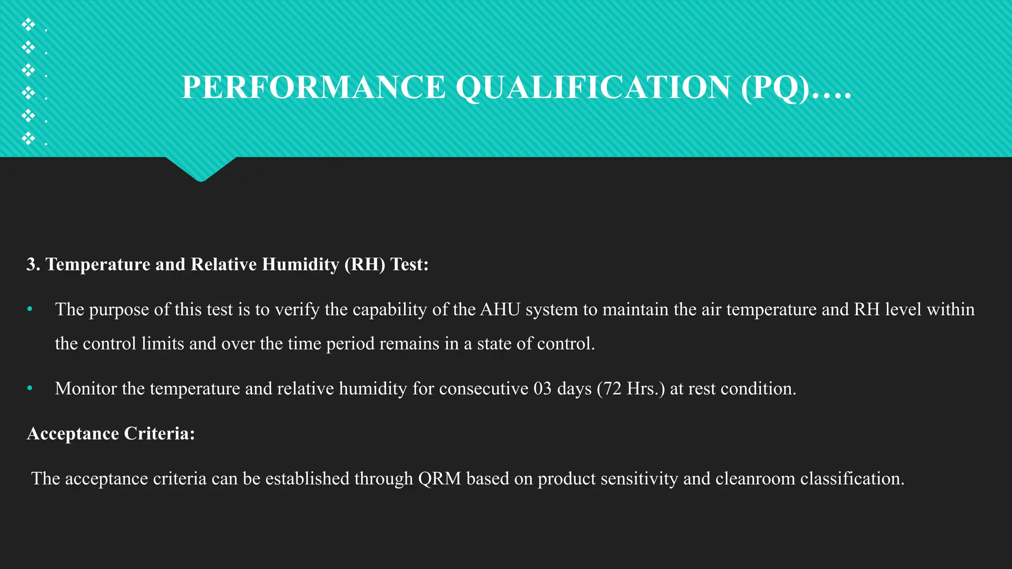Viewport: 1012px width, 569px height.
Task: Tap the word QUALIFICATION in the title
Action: (593, 87)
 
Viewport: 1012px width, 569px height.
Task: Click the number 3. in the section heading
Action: (33, 264)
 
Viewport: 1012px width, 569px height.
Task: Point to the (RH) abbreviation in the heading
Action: (365, 265)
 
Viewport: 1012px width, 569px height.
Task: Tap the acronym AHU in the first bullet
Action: (500, 310)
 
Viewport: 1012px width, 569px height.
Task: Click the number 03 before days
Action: (542, 389)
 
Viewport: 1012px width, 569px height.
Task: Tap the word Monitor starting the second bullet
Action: (85, 389)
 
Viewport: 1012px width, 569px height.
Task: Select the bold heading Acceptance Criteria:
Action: (111, 434)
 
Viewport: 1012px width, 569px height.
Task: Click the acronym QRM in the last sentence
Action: (439, 479)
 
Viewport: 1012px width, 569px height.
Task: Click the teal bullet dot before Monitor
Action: (30, 388)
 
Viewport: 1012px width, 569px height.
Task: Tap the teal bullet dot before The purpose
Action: (30, 309)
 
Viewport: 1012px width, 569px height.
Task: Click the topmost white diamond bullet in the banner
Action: (28, 24)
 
